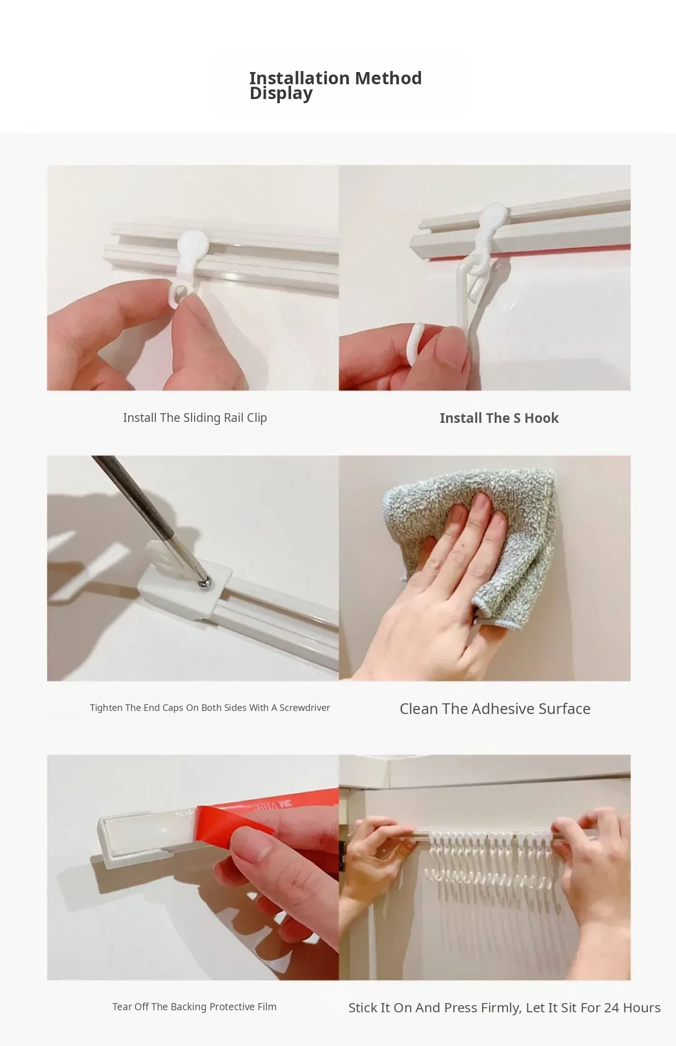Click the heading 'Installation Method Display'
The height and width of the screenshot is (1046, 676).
(335, 86)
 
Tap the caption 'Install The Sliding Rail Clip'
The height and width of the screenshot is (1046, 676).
(195, 418)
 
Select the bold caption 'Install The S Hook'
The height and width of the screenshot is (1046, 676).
(499, 418)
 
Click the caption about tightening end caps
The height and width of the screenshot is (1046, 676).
(210, 708)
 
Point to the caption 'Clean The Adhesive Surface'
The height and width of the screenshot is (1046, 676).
(495, 709)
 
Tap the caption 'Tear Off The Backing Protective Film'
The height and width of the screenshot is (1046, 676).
(194, 1007)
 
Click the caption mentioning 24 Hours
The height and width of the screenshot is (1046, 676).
(504, 1008)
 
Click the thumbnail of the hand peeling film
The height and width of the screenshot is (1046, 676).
(193, 867)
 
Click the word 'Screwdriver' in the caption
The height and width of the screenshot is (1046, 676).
(305, 708)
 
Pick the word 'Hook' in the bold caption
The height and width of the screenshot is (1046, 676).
(542, 418)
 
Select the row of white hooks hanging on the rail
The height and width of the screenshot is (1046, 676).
(489, 859)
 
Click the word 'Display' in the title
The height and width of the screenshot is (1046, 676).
(281, 94)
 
